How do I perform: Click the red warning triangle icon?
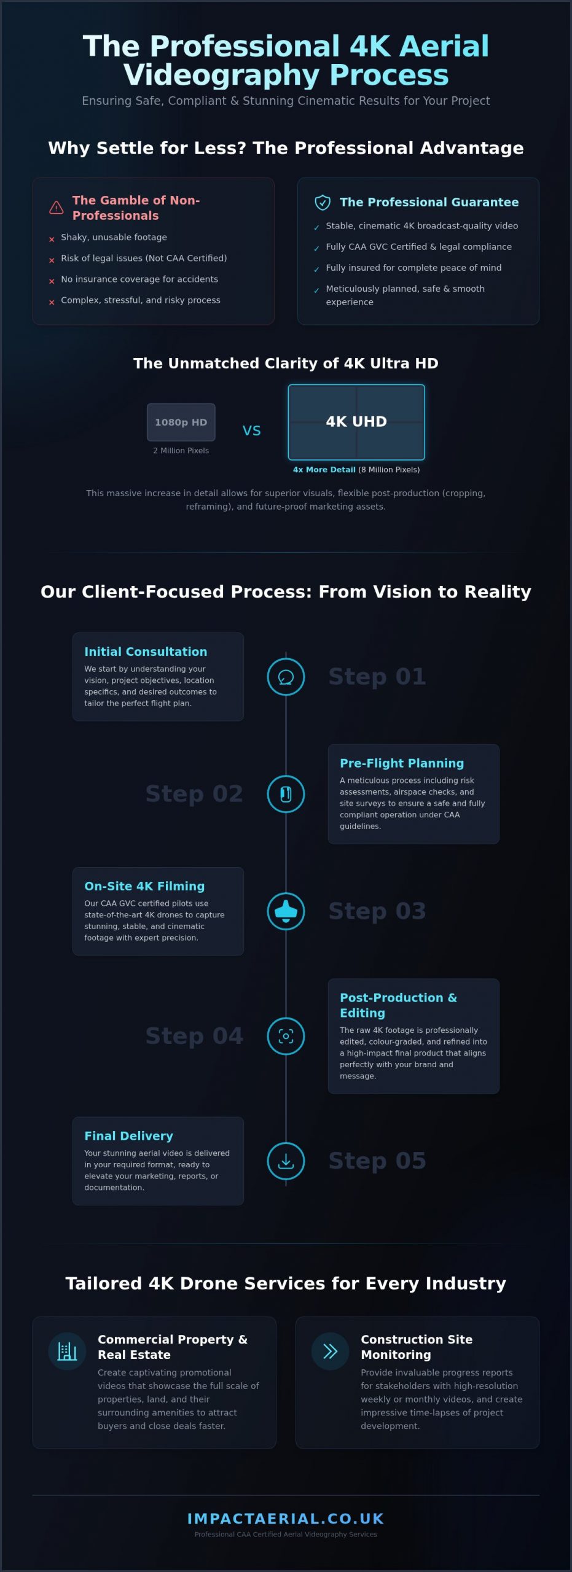tap(56, 208)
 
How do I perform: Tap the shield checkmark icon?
tap(323, 203)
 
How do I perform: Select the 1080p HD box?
tap(181, 422)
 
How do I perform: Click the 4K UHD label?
tap(356, 421)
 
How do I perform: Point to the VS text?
tap(252, 430)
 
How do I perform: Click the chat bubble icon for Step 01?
tap(286, 677)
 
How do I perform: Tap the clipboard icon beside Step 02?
tap(286, 794)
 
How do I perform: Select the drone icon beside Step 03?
tap(286, 911)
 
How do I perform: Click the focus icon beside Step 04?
tap(286, 1037)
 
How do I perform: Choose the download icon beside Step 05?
tap(286, 1161)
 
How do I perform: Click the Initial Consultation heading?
tap(146, 652)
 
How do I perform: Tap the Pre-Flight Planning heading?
tap(402, 763)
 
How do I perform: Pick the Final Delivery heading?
tap(128, 1136)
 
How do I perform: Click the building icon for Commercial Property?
tap(67, 1351)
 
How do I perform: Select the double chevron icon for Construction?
tap(331, 1351)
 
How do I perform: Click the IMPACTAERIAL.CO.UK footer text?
tap(286, 1519)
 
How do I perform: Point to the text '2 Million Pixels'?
tap(181, 451)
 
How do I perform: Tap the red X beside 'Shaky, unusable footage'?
tap(52, 239)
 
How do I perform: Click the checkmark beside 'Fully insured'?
tap(316, 270)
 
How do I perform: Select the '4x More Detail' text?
tap(324, 470)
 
